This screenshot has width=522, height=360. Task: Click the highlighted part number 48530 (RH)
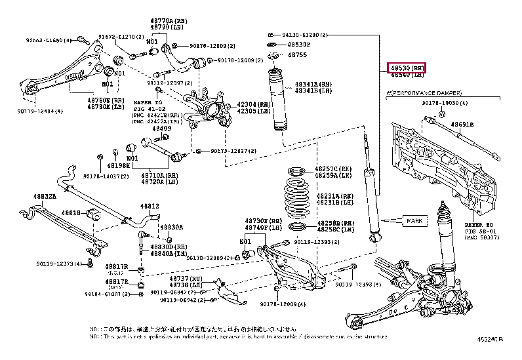pyautogui.click(x=407, y=68)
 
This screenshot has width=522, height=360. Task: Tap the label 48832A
pyautogui.click(x=45, y=196)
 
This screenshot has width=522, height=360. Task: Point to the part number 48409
pyautogui.click(x=162, y=129)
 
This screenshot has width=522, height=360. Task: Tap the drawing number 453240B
pyautogui.click(x=490, y=339)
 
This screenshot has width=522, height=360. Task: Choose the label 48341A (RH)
pyautogui.click(x=313, y=84)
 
